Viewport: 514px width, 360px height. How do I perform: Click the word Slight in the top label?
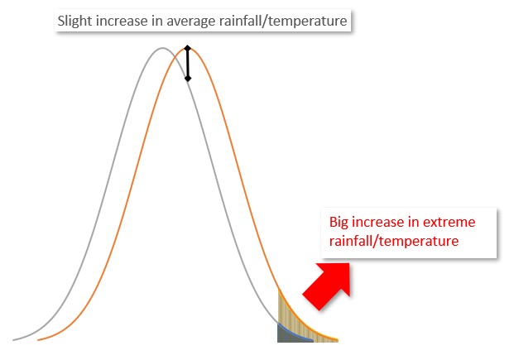tap(75, 22)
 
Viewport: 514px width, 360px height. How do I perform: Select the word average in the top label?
tap(191, 22)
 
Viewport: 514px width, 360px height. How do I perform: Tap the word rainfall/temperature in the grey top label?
tap(283, 22)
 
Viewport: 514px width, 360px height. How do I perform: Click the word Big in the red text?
tap(339, 223)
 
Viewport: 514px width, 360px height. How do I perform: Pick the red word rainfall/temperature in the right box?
tap(394, 241)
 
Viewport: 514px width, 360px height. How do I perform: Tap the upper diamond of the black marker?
tap(187, 48)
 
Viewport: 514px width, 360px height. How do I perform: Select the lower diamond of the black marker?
tap(188, 79)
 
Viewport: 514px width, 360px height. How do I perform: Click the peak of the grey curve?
tap(162, 48)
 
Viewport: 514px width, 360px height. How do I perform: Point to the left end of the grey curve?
tap(13, 340)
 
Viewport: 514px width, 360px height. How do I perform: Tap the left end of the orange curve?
tap(38, 340)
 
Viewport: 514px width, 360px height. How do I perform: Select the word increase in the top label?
tap(122, 22)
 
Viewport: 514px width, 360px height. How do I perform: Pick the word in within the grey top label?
tap(157, 22)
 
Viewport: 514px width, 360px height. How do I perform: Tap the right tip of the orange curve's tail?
tap(338, 339)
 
